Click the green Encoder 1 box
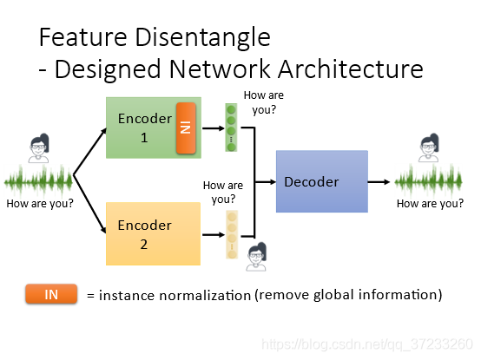[154, 128]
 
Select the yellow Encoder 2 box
[153, 233]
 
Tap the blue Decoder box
[322, 181]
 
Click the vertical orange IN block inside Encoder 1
[186, 128]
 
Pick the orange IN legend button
[51, 294]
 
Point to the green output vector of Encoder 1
[231, 128]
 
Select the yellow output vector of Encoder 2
[232, 234]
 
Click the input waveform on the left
[38, 181]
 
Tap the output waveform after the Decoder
[428, 181]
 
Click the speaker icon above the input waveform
[39, 148]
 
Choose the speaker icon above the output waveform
[429, 147]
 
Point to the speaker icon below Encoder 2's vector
[256, 257]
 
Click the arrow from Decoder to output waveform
[379, 182]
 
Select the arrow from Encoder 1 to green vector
[214, 128]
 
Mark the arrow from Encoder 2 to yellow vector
[214, 235]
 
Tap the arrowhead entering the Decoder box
[273, 182]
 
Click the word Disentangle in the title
[202, 37]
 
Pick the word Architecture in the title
[351, 69]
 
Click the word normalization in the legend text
[205, 296]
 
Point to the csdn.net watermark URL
[367, 344]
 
